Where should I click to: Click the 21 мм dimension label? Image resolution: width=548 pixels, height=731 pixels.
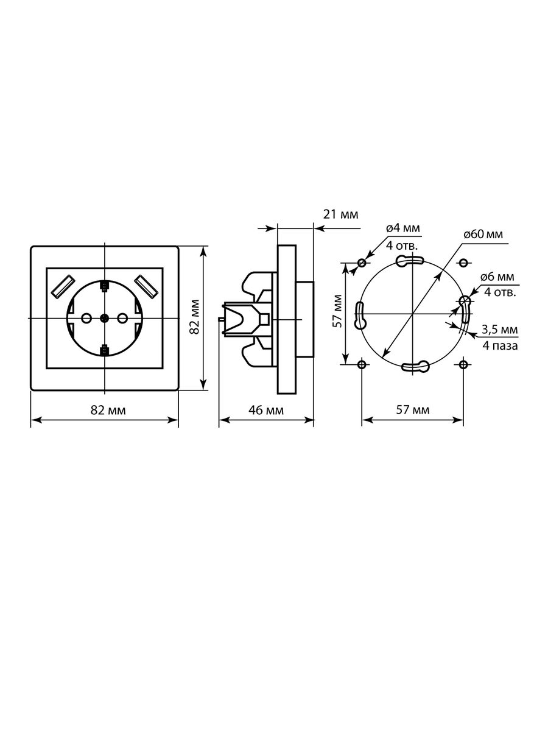pyautogui.click(x=341, y=214)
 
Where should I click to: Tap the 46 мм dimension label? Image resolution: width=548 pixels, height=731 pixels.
pyautogui.click(x=266, y=411)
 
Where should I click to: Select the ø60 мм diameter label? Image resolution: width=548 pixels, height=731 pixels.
pyautogui.click(x=483, y=234)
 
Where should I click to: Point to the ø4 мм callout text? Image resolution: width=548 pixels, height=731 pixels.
pyautogui.click(x=403, y=228)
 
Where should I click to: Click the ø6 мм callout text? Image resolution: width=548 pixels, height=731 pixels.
pyautogui.click(x=497, y=277)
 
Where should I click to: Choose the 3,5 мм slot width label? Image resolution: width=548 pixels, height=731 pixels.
pyautogui.click(x=500, y=330)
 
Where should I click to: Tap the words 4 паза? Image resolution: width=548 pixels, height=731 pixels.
pyautogui.click(x=500, y=346)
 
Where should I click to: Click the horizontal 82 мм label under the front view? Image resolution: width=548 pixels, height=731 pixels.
pyautogui.click(x=108, y=411)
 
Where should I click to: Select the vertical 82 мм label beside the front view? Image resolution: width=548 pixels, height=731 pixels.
pyautogui.click(x=194, y=316)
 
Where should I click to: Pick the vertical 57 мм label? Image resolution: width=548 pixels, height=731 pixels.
pyautogui.click(x=338, y=311)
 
